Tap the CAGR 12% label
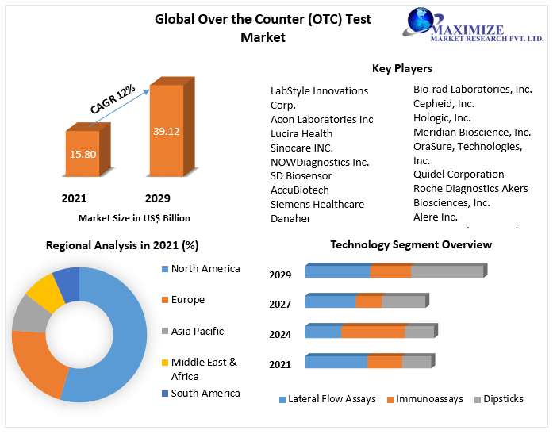click(113, 99)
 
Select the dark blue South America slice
click(67, 282)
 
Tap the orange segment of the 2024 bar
click(373, 332)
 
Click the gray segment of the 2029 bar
click(447, 272)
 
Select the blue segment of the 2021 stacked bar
click(336, 363)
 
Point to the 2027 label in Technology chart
click(280, 304)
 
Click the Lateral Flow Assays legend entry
click(327, 399)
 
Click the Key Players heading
click(402, 68)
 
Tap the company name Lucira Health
click(301, 133)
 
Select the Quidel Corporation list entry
click(459, 174)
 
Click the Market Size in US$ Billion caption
click(134, 217)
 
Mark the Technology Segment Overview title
click(411, 244)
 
